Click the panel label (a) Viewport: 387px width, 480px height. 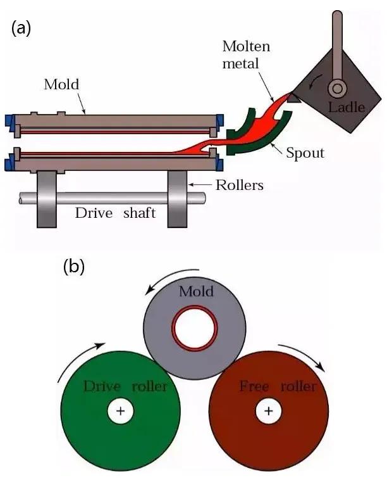(21, 28)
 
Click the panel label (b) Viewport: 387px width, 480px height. (74, 267)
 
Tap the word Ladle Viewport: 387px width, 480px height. (346, 106)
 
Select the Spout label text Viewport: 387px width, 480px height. (305, 153)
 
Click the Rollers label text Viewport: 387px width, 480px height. (239, 186)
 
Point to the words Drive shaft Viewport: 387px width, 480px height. (115, 213)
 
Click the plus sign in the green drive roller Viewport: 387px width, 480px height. (120, 412)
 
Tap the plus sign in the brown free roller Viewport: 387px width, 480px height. (268, 412)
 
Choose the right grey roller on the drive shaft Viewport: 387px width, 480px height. (178, 198)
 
